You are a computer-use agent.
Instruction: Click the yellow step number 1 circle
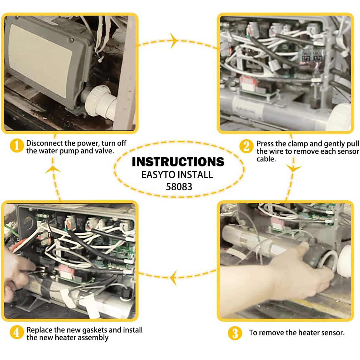pos(16,146)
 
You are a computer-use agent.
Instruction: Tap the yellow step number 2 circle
pos(246,146)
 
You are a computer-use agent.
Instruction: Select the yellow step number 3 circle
pos(235,333)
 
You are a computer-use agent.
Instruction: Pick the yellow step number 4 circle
pos(16,332)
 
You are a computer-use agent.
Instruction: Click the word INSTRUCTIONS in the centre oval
pos(178,162)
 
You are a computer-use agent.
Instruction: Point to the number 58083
pos(179,187)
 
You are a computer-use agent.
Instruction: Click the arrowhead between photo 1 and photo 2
pos(174,41)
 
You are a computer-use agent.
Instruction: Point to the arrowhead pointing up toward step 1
pos(53,169)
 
